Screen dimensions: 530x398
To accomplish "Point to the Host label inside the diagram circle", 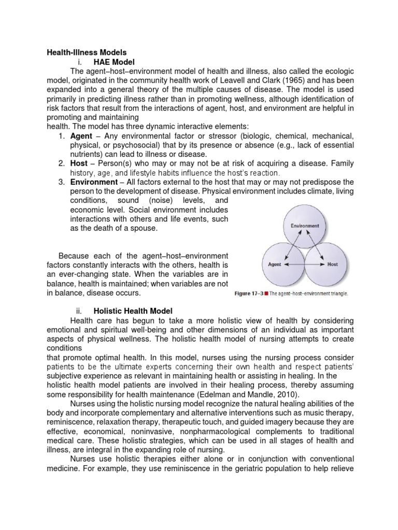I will point(332,264).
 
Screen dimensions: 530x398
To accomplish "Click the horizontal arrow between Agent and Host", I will point(303,264).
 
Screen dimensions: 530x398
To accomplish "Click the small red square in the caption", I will point(267,293).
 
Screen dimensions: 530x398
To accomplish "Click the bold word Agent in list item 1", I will point(82,136).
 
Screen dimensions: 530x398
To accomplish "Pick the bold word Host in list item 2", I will point(79,163).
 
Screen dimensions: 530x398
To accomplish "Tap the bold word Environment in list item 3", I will point(94,182).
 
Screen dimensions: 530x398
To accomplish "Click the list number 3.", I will point(61,182).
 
